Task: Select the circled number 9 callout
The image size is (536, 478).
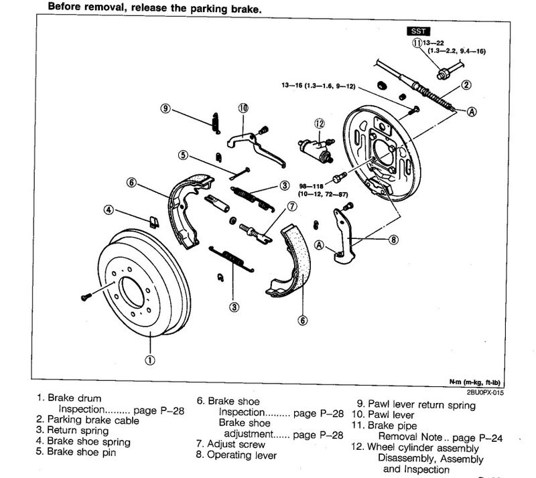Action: (165, 108)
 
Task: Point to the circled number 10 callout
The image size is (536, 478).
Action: (242, 107)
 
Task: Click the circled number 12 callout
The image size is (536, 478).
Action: (319, 123)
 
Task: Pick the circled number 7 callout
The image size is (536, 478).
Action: (291, 205)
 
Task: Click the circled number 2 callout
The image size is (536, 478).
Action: (466, 84)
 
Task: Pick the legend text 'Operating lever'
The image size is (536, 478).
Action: (240, 456)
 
